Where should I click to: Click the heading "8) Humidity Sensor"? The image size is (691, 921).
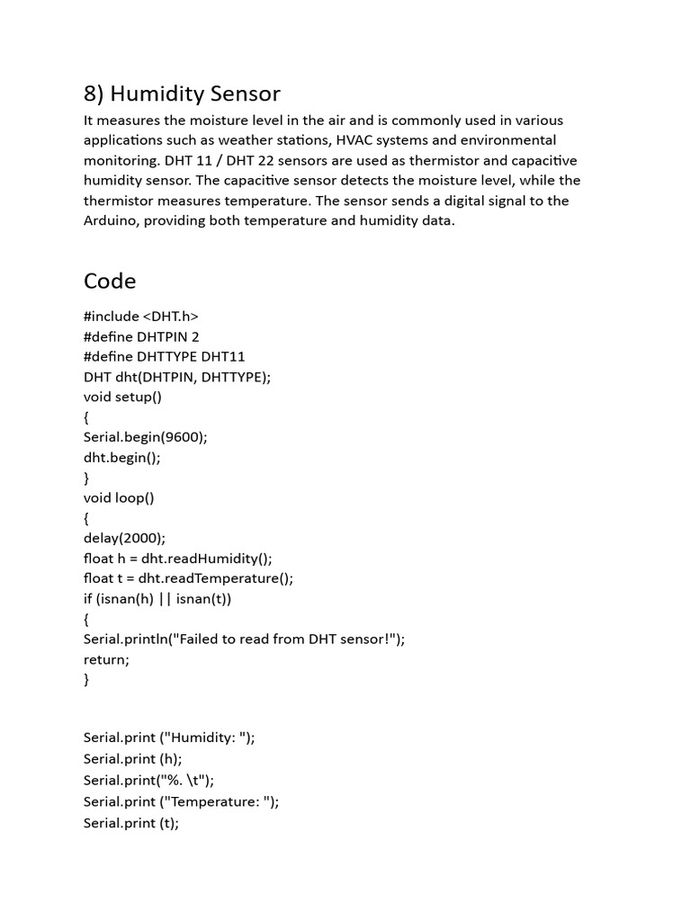click(182, 94)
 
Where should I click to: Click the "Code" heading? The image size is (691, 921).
click(110, 281)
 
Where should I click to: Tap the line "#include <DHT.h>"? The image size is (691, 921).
click(141, 316)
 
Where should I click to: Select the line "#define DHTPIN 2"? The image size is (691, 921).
click(141, 336)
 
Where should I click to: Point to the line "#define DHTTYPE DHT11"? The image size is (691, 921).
click(165, 356)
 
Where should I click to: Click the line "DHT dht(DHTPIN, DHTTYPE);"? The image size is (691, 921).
click(177, 377)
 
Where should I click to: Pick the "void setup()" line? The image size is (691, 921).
click(122, 397)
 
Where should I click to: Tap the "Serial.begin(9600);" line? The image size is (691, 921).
click(146, 437)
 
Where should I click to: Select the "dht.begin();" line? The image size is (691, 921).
click(121, 457)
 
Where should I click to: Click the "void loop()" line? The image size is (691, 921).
click(119, 497)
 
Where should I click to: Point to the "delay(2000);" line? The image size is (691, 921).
click(125, 538)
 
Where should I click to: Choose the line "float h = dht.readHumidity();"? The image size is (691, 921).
click(177, 558)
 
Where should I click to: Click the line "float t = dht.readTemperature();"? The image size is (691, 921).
click(189, 578)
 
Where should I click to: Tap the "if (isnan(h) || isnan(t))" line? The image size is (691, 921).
click(164, 598)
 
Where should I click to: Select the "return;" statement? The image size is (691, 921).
click(106, 659)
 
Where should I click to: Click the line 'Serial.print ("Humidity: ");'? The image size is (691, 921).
click(169, 738)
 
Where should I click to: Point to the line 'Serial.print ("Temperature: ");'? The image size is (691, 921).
click(182, 801)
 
